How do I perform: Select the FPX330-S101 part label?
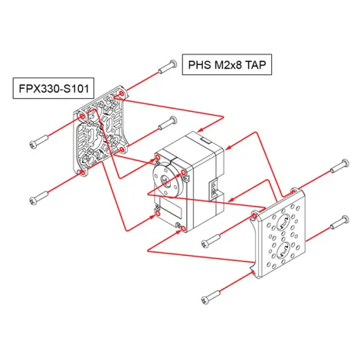click(52, 88)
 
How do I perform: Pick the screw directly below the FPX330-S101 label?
click(39, 141)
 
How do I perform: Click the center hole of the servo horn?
click(164, 178)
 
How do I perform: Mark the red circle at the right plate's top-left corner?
click(254, 215)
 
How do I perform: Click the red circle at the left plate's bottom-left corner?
click(83, 172)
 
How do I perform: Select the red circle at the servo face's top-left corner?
click(157, 159)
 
